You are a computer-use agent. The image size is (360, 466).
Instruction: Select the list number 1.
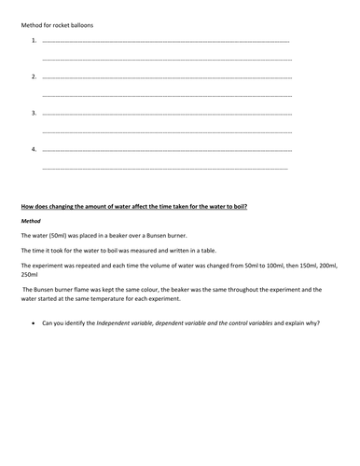(x=34, y=42)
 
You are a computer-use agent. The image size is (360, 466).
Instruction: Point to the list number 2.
(x=34, y=77)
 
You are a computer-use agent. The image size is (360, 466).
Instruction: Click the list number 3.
(x=34, y=114)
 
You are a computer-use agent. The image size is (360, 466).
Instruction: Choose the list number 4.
(x=34, y=149)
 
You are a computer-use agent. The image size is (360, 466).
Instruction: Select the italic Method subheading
(x=31, y=221)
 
